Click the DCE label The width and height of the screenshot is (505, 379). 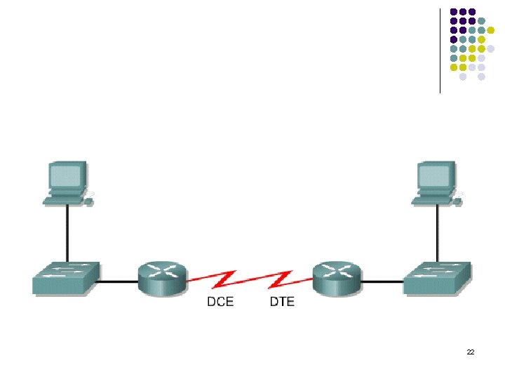pyautogui.click(x=220, y=302)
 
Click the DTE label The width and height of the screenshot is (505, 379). pyautogui.click(x=282, y=302)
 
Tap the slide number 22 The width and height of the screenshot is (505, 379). pyautogui.click(x=470, y=352)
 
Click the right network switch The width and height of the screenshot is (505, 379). pyautogui.click(x=437, y=277)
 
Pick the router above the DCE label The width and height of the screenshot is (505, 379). pyautogui.click(x=163, y=277)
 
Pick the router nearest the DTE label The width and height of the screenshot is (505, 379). pyautogui.click(x=337, y=277)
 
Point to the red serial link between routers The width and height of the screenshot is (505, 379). pyautogui.click(x=250, y=280)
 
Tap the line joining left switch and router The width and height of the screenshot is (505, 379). pyautogui.click(x=118, y=282)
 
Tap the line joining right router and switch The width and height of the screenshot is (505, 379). pyautogui.click(x=383, y=282)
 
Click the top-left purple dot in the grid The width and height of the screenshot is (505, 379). pyautogui.click(x=454, y=12)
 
